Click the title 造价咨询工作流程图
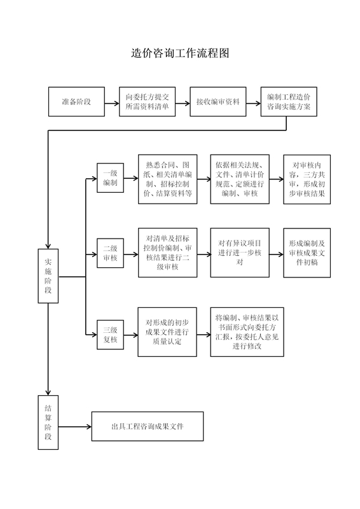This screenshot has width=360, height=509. [x=180, y=53]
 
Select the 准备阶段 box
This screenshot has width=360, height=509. [x=76, y=102]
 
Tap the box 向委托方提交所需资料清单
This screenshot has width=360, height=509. [x=147, y=102]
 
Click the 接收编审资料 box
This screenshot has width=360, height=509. [x=218, y=102]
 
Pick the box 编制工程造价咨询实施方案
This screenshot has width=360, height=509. [x=289, y=102]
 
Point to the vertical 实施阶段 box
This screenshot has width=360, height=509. [x=48, y=276]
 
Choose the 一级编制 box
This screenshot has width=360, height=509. [x=111, y=178]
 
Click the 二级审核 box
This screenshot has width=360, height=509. [x=111, y=253]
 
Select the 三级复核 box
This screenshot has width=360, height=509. [x=111, y=335]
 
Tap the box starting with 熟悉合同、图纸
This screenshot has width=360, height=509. [x=168, y=179]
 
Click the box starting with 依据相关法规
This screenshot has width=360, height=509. [x=240, y=179]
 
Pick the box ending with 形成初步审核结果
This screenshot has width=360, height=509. [x=307, y=179]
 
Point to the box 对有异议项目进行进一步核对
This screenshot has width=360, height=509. [x=240, y=253]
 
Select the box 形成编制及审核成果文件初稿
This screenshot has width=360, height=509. [x=307, y=253]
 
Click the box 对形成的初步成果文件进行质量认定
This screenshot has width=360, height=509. [x=167, y=332]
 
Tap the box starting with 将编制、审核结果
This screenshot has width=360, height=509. [x=247, y=332]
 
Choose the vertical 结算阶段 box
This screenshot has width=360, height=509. [x=48, y=422]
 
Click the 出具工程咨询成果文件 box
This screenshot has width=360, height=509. [x=148, y=426]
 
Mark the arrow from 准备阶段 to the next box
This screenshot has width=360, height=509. [x=112, y=104]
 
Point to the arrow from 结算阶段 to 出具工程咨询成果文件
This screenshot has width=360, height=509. [x=75, y=426]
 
